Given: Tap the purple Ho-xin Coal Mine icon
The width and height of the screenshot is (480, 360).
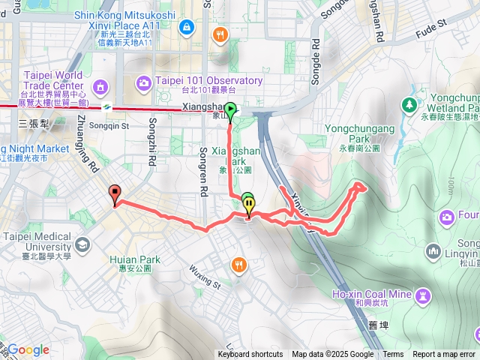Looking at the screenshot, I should (424, 294).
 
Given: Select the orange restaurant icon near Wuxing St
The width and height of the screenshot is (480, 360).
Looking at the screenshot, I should (238, 264).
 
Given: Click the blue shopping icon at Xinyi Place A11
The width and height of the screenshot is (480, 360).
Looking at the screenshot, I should (185, 29).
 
